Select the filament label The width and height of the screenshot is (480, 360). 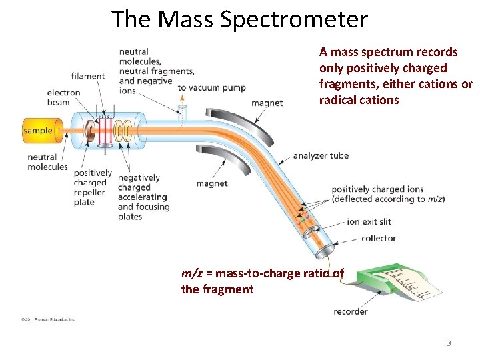point(88,76)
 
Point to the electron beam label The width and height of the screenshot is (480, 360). point(63,97)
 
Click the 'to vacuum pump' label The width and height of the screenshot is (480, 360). point(211,87)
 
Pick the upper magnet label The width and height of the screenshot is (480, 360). point(267,103)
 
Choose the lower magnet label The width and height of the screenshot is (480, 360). point(212,183)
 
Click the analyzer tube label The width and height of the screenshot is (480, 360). point(321,156)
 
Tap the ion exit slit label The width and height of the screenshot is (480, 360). point(369,221)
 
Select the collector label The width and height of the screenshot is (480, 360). point(378,238)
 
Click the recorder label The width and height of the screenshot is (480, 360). point(351,311)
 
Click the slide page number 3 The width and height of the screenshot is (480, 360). point(449,343)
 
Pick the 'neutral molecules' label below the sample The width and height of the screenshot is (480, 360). point(47,162)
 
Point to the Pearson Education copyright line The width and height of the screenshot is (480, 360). point(48,319)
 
